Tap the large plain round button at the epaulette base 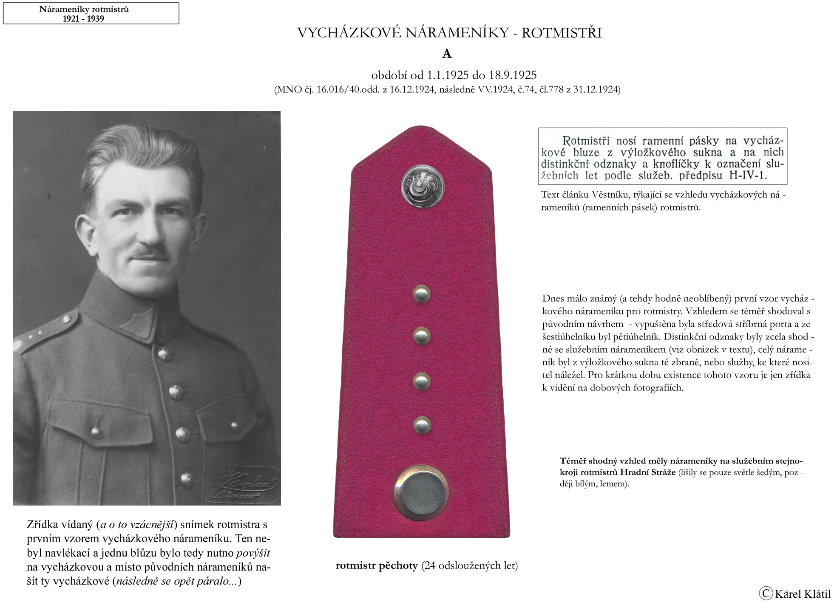[x=421, y=492]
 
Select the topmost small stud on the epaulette [x=422, y=294]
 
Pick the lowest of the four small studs [x=422, y=425]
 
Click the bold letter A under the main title [x=447, y=54]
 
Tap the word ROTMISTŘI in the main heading [x=562, y=33]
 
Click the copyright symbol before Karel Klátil [x=765, y=593]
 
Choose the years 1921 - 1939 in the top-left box [x=83, y=19]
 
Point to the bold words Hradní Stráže [x=648, y=472]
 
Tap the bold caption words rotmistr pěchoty [x=377, y=566]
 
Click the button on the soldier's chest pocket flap [x=97, y=432]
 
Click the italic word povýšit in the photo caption [x=253, y=553]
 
